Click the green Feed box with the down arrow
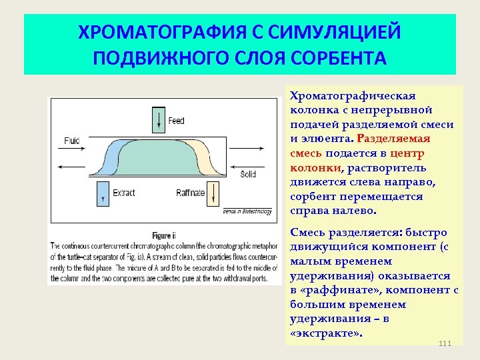pos(158,119)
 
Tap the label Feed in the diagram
pos(177,121)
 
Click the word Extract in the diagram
pos(124,193)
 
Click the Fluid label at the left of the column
pos(71,140)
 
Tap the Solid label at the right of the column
pos(248,174)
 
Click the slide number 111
pos(445,343)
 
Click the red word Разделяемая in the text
pos(394,139)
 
